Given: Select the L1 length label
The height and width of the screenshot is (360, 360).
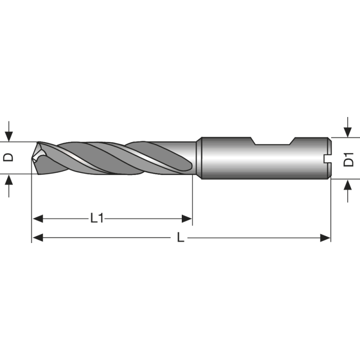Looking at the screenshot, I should [97, 219].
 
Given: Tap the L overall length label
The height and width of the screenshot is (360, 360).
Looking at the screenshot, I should [180, 238].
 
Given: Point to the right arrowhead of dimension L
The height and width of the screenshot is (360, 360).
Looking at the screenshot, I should [325, 238].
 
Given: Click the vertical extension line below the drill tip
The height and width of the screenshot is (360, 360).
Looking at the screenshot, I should [31, 207].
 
